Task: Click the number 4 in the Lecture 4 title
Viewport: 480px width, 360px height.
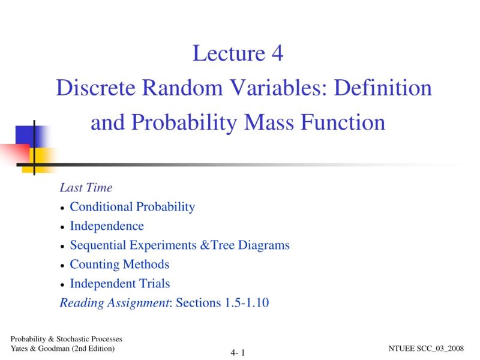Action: tap(277, 54)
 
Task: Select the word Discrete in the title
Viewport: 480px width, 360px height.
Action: tap(95, 88)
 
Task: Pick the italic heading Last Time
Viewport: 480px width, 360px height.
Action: tap(86, 188)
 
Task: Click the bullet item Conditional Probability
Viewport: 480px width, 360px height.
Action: tap(132, 207)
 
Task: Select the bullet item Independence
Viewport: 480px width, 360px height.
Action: tap(107, 226)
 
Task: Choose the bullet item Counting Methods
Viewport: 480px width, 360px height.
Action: tap(119, 265)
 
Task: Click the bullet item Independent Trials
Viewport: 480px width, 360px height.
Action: tap(120, 284)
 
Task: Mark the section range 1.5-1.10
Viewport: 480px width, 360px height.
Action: tap(246, 303)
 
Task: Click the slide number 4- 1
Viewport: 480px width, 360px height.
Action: tap(238, 353)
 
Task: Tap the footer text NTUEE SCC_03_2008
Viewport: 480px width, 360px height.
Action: tap(427, 349)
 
